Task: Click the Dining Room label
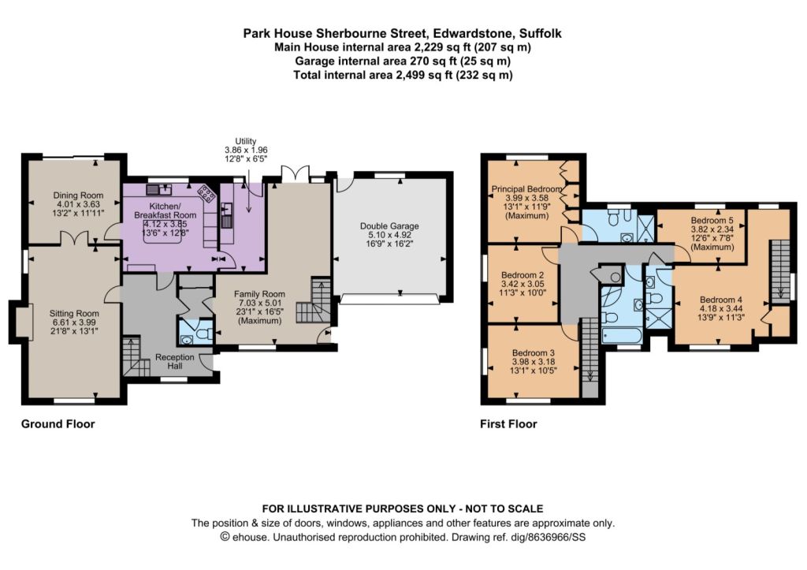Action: [78, 196]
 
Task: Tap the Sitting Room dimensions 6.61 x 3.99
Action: [74, 322]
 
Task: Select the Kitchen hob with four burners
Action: [207, 193]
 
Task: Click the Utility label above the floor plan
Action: [246, 141]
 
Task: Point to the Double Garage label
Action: [389, 226]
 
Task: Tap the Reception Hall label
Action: [174, 361]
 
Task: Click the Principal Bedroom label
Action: [526, 189]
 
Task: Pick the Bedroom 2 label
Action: [523, 275]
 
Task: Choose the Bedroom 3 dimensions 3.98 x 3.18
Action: [534, 361]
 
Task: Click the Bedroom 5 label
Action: [712, 221]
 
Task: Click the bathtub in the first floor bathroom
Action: [622, 336]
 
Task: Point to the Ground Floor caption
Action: [58, 424]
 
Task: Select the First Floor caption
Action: [508, 424]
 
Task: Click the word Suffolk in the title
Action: [541, 34]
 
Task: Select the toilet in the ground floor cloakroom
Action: [204, 333]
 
